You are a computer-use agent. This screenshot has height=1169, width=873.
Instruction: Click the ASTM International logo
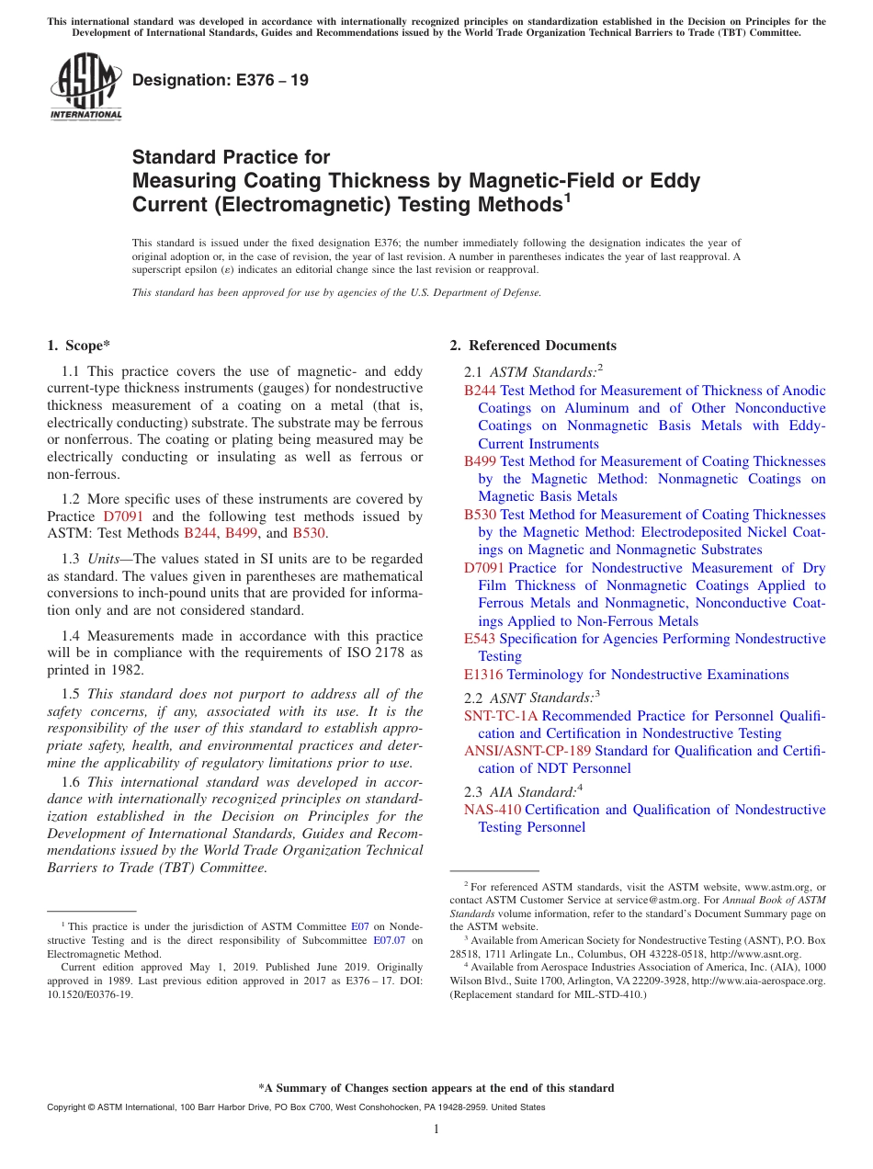tap(85, 88)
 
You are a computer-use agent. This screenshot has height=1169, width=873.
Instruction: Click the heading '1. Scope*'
tap(78, 346)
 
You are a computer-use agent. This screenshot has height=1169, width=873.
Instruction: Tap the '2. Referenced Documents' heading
tap(533, 346)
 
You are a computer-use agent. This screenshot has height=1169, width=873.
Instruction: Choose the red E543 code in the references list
tap(480, 639)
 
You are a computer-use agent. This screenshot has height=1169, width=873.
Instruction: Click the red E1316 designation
tap(483, 675)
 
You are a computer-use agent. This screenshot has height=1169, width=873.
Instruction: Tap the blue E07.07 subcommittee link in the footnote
tap(388, 941)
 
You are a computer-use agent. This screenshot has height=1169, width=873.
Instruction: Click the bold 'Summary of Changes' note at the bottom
tap(436, 1088)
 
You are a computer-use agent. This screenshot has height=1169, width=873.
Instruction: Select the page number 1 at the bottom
tap(436, 1129)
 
